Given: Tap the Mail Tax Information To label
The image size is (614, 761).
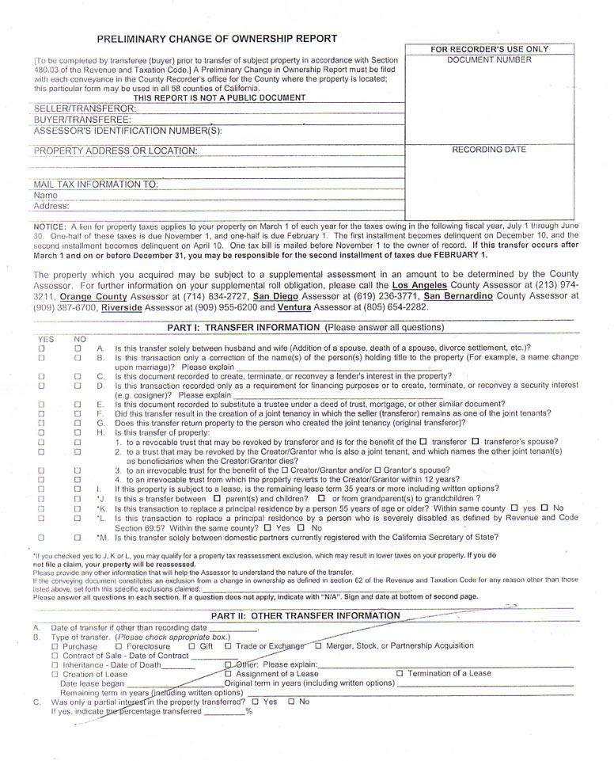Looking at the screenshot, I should click(x=96, y=185).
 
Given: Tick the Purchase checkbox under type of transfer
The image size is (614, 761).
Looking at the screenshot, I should click(x=55, y=646).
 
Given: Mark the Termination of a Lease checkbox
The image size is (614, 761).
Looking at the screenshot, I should click(x=400, y=673).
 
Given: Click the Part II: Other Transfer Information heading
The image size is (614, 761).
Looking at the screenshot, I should click(x=305, y=615).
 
